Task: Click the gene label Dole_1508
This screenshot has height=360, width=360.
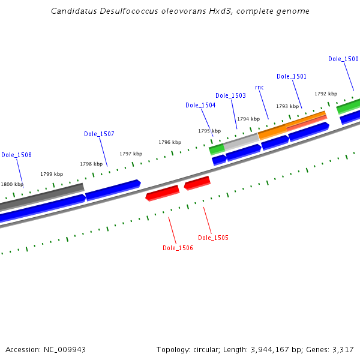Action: click(16, 155)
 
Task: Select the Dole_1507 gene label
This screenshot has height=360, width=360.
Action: click(99, 134)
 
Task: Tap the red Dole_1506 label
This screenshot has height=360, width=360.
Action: click(178, 248)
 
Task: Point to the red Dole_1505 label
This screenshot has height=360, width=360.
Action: click(213, 238)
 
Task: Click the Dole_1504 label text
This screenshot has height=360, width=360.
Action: click(200, 105)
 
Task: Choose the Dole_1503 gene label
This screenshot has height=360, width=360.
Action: click(230, 95)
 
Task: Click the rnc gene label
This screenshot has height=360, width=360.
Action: click(259, 87)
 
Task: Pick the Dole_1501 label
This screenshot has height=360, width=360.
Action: click(292, 76)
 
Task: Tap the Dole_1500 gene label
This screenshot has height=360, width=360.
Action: click(343, 59)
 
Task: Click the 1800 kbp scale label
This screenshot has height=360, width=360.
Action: click(11, 184)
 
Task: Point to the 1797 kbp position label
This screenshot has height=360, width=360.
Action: click(131, 154)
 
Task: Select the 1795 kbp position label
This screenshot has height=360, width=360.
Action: click(209, 131)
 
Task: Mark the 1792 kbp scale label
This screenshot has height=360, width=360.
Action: click(326, 94)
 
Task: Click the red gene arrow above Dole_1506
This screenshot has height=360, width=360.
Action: click(163, 193)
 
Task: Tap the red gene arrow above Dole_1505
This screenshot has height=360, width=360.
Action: click(197, 182)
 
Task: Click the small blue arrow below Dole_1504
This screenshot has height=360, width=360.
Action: click(219, 160)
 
